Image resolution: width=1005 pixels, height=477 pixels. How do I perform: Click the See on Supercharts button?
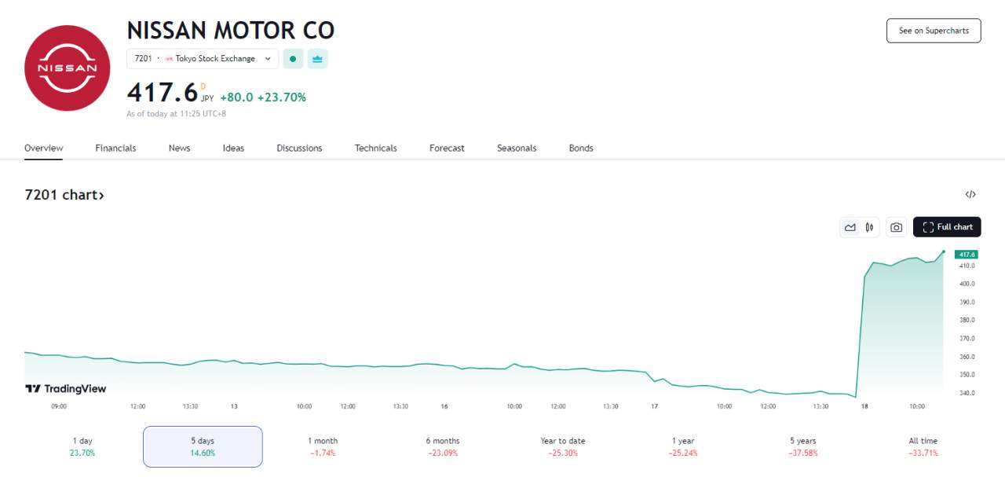click(x=934, y=31)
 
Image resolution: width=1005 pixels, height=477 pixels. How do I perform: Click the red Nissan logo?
click(x=68, y=68)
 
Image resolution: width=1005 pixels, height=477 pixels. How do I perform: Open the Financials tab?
click(x=115, y=149)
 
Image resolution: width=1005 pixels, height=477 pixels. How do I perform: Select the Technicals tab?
click(x=375, y=149)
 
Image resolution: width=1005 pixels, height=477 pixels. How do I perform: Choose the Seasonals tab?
click(x=517, y=149)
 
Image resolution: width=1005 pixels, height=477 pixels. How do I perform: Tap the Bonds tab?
click(x=581, y=149)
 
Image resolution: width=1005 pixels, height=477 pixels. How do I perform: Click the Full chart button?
click(x=947, y=227)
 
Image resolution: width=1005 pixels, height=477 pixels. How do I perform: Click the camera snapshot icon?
click(x=896, y=227)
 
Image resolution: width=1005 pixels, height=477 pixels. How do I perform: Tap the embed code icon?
click(x=970, y=194)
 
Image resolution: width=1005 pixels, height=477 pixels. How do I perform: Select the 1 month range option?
click(x=323, y=446)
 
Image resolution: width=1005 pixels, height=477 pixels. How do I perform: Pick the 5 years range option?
click(x=803, y=446)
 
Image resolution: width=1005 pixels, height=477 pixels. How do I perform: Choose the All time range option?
click(x=923, y=446)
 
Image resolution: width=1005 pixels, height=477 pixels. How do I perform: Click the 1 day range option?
click(x=82, y=446)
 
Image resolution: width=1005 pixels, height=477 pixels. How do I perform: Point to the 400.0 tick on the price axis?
click(x=967, y=284)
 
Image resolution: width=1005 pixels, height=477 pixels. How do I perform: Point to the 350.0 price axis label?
click(x=967, y=375)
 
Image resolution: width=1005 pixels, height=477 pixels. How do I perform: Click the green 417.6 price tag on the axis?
click(x=967, y=255)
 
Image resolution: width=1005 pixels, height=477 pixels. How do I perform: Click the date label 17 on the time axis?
click(x=655, y=406)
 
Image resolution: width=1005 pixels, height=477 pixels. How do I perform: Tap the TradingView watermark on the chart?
click(x=65, y=388)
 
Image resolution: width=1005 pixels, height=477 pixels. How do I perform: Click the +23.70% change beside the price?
click(x=281, y=97)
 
